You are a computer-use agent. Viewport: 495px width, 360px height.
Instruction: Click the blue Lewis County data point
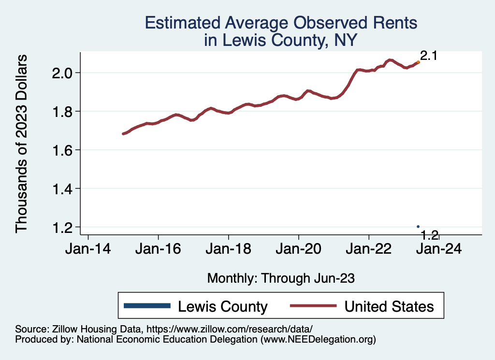418,227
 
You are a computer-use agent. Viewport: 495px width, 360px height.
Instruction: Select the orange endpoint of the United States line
418,62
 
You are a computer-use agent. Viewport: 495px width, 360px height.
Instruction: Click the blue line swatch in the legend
147,306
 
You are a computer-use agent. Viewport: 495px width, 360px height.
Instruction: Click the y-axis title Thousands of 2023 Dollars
22,144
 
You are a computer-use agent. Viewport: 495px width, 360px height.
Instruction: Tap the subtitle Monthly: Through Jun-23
281,278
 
